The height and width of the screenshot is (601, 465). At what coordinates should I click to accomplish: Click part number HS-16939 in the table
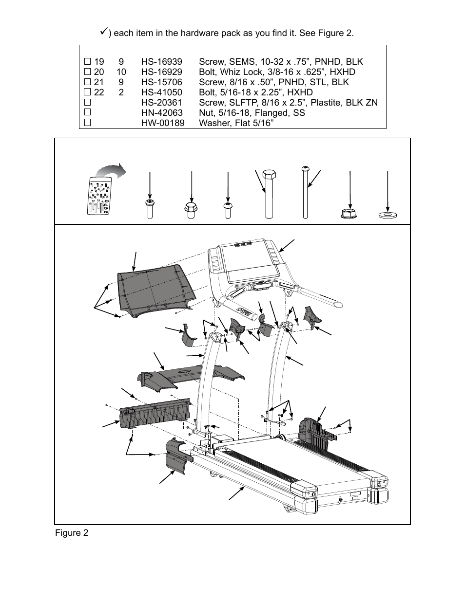tap(161, 62)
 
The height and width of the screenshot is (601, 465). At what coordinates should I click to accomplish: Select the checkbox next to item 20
tap(88, 72)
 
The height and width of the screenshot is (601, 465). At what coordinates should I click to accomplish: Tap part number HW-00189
tap(163, 123)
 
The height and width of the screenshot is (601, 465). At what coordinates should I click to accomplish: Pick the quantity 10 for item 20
tap(121, 72)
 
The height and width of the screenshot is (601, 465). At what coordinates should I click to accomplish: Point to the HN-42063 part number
tap(162, 113)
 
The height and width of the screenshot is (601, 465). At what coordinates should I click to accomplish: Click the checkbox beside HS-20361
tap(88, 103)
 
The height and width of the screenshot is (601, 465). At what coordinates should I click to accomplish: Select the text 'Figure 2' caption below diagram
tap(72, 533)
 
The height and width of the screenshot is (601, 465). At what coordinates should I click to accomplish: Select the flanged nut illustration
tap(349, 213)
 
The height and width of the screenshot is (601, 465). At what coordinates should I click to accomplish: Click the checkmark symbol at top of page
tap(103, 32)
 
